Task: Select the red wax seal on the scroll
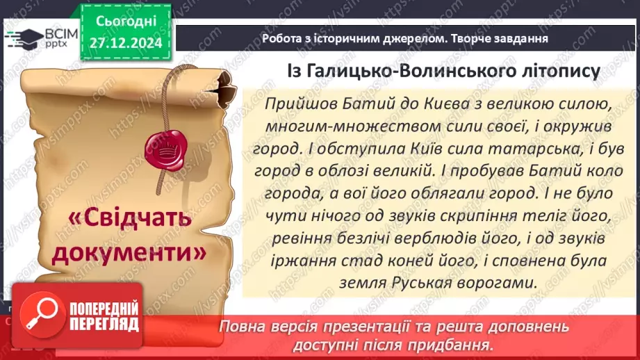[165, 147]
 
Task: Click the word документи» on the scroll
[130, 252]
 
